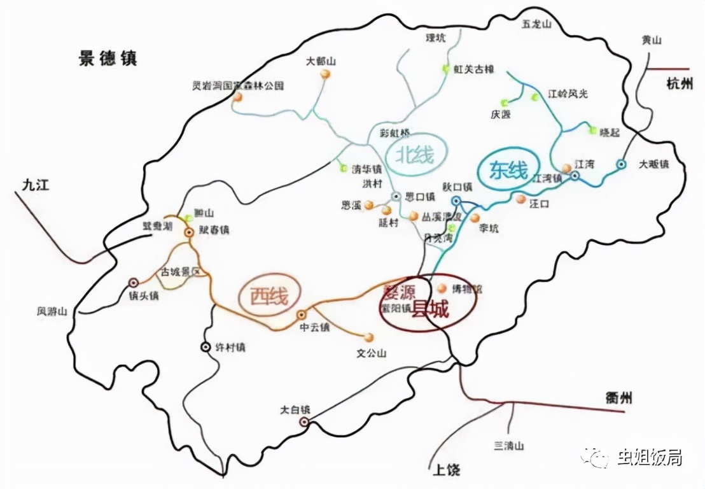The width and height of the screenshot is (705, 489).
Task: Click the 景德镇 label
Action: tap(108, 59)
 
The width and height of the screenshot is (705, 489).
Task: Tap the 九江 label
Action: tap(35, 185)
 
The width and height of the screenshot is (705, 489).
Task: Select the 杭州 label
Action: tap(679, 83)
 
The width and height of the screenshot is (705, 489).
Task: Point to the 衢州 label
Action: tap(618, 399)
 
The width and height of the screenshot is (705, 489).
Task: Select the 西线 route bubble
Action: tap(268, 295)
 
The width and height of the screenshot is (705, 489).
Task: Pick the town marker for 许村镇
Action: tap(206, 347)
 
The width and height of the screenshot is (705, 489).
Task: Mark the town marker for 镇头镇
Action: tap(134, 282)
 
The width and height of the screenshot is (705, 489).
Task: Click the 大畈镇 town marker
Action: tap(621, 164)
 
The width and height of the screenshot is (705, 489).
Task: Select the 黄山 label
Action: tap(652, 40)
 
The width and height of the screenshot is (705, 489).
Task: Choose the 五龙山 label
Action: tap(536, 24)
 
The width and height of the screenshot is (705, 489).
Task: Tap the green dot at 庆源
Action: tap(505, 102)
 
